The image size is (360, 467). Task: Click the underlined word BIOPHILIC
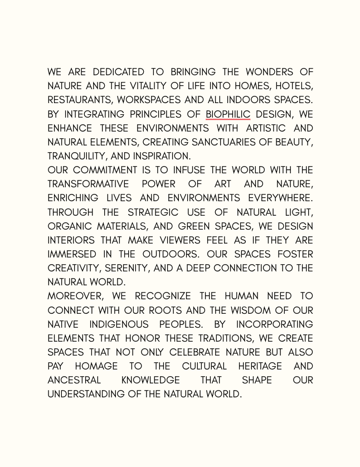[227, 114]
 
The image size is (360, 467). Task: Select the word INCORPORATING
[274, 324]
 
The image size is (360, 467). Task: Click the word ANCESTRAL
[74, 380]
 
